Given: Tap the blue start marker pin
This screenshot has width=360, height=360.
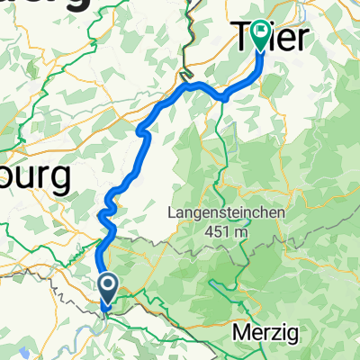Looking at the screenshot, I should pos(106,291).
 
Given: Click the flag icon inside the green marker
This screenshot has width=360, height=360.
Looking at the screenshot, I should pos(261,33).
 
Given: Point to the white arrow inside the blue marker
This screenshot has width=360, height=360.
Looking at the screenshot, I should pos(106,287).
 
